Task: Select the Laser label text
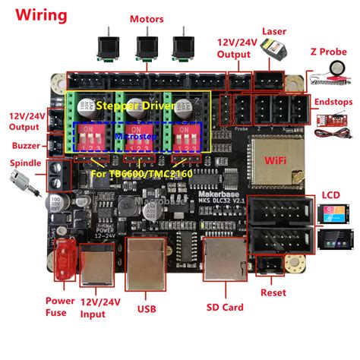click(273, 31)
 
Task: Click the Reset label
click(273, 293)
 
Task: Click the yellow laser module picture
click(275, 51)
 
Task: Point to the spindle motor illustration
click(19, 182)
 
